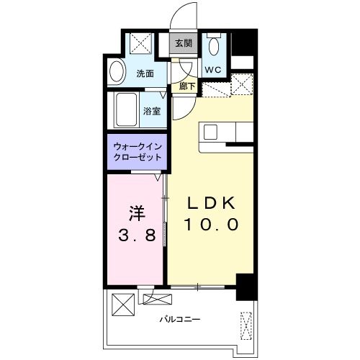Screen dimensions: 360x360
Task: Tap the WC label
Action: click(213, 70)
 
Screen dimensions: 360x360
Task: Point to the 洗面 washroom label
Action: click(145, 73)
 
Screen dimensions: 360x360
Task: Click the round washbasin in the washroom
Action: click(117, 73)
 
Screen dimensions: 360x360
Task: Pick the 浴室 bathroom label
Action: click(151, 111)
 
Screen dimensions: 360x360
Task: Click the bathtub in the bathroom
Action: click(126, 110)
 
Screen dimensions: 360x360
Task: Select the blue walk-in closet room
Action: click(138, 152)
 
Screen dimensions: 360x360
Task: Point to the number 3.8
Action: click(138, 235)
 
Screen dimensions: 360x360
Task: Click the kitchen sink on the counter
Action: click(212, 132)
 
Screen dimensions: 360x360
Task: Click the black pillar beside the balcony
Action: click(246, 288)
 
